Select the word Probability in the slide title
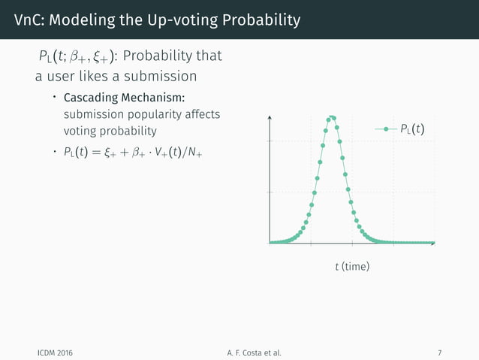pyautogui.click(x=256, y=20)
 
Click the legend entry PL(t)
pyautogui.click(x=410, y=129)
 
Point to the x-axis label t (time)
pyautogui.click(x=351, y=267)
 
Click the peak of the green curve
pyautogui.click(x=332, y=116)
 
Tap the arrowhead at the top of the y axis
pyautogui.click(x=270, y=116)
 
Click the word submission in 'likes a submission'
pyautogui.click(x=162, y=76)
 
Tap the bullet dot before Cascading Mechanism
pyautogui.click(x=54, y=98)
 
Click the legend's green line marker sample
pyautogui.click(x=386, y=129)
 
